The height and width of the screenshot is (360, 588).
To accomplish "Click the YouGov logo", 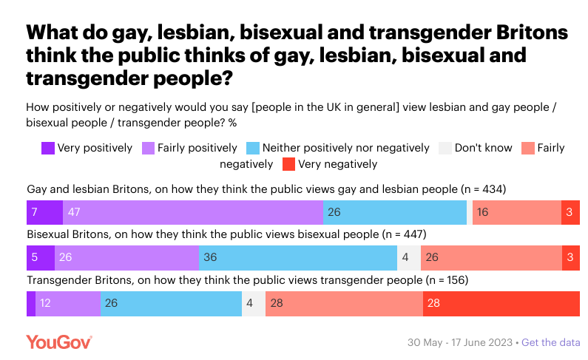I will [58, 342].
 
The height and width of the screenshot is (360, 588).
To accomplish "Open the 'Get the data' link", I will [551, 343].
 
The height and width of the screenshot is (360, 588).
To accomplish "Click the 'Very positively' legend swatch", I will [48, 148].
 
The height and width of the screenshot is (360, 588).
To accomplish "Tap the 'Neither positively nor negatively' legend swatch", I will [252, 148].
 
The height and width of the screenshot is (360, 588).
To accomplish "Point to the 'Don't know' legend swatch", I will [445, 148].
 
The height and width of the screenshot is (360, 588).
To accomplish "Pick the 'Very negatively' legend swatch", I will [288, 164].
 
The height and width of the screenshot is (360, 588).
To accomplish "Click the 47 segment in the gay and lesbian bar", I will [193, 212].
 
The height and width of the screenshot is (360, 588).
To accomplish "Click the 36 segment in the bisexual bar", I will [298, 258].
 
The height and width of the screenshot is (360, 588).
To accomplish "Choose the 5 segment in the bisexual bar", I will [40, 258].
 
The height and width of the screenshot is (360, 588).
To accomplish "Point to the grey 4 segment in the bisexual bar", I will [409, 258].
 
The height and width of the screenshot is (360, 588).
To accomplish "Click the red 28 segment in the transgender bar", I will [501, 304].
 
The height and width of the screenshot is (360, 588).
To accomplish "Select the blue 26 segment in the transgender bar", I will [171, 304].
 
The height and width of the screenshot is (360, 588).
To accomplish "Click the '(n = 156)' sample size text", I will [444, 281].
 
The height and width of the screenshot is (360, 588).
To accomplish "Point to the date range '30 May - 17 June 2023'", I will [461, 343].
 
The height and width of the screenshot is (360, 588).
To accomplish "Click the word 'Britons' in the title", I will [511, 33].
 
